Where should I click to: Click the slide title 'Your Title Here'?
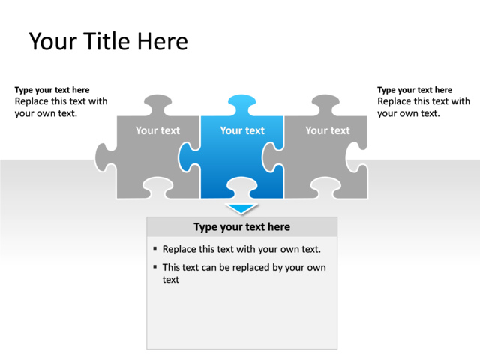[108, 41]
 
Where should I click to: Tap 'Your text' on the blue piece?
[242, 130]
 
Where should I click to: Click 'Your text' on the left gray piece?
[157, 130]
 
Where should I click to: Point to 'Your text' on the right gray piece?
[327, 130]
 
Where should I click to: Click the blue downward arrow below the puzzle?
[241, 208]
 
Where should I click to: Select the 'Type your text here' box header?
[241, 226]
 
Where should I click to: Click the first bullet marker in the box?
[154, 248]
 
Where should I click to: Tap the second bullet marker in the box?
[154, 266]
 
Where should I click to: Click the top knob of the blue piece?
[241, 103]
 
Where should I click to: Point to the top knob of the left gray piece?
[157, 103]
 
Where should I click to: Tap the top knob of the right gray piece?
[326, 103]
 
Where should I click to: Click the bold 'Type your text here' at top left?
[52, 90]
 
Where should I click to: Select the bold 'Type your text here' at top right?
[415, 90]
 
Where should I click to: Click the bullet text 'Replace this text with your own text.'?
[241, 249]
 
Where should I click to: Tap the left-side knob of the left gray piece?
[103, 158]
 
